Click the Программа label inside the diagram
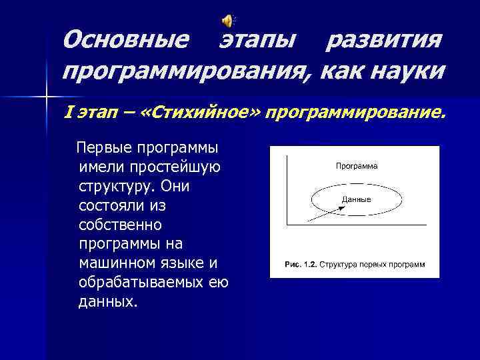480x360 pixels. (x=356, y=166)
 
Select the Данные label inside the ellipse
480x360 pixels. (x=356, y=199)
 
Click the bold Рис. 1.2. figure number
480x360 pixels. (x=301, y=265)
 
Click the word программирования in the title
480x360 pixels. (x=183, y=69)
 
